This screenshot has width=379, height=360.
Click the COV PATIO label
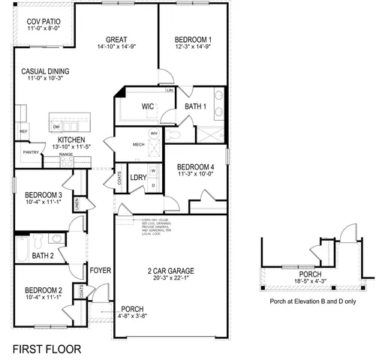42,22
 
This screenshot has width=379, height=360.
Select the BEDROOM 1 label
193,40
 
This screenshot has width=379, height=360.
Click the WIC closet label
148,106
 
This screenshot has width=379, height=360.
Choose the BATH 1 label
196,106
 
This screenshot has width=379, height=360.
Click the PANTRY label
30,152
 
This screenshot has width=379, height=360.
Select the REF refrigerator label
23,131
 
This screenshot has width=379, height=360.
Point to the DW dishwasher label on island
56,126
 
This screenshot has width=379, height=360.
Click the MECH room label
138,144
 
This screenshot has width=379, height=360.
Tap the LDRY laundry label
137,177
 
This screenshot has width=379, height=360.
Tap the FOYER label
100,269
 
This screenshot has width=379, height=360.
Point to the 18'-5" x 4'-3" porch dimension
309,283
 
